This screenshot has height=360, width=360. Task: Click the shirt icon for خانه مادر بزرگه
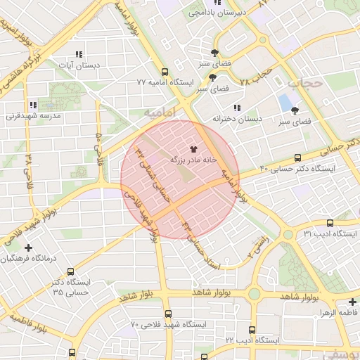tap(193, 149)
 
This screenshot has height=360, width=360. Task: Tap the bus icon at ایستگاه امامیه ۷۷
tap(165, 72)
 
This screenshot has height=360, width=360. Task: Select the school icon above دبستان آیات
tap(79, 54)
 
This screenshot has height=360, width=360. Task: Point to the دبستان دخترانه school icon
tap(237, 108)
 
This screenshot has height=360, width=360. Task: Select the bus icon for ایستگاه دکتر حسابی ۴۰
tap(297, 158)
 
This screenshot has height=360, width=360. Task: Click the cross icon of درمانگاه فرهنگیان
tap(28, 247)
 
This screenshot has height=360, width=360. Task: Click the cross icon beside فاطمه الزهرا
tap(352, 302)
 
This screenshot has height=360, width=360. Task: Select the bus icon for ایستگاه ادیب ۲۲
tap(252, 330)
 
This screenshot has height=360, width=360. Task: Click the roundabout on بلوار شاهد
tap(255, 294)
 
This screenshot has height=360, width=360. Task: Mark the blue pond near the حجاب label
tap(285, 103)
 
